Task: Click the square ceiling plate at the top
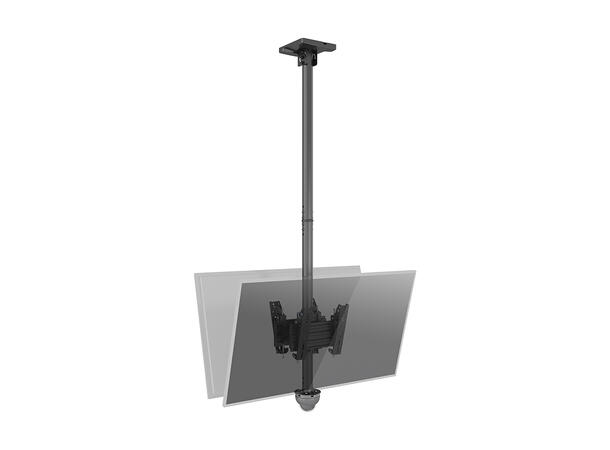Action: pyautogui.click(x=303, y=45)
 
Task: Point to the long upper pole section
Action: pyautogui.click(x=303, y=140)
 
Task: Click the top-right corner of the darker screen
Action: pyautogui.click(x=415, y=270)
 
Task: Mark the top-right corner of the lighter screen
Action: pyautogui.click(x=359, y=267)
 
